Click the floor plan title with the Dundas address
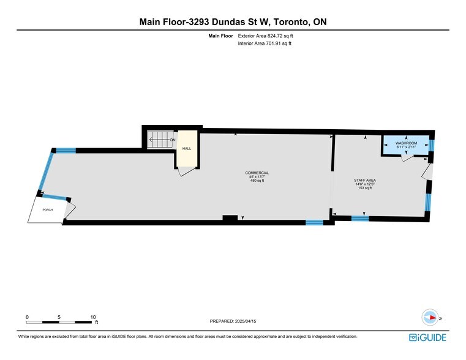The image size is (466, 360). tap(233, 22)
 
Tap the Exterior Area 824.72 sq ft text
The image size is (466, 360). tap(269, 36)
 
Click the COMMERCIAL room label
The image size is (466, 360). tap(257, 173)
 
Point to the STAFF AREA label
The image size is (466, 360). tap(364, 180)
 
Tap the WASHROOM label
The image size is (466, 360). tap(406, 143)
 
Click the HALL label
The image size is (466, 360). tap(187, 148)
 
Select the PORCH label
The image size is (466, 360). tap(47, 209)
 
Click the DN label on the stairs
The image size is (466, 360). tap(173, 140)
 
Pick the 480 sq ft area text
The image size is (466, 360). tap(257, 181)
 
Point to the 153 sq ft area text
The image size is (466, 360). tap(364, 188)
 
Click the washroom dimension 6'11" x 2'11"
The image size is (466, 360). tap(406, 147)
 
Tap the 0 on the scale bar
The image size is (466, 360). tap(27, 317)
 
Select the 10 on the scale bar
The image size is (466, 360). tap(92, 317)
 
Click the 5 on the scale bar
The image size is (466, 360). tap(59, 317)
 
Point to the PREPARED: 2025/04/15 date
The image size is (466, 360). tap(233, 321)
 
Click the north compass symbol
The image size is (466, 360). tap(431, 318)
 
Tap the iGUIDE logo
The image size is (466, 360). tap(427, 337)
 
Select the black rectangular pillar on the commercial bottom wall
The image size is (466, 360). tap(230, 218)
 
